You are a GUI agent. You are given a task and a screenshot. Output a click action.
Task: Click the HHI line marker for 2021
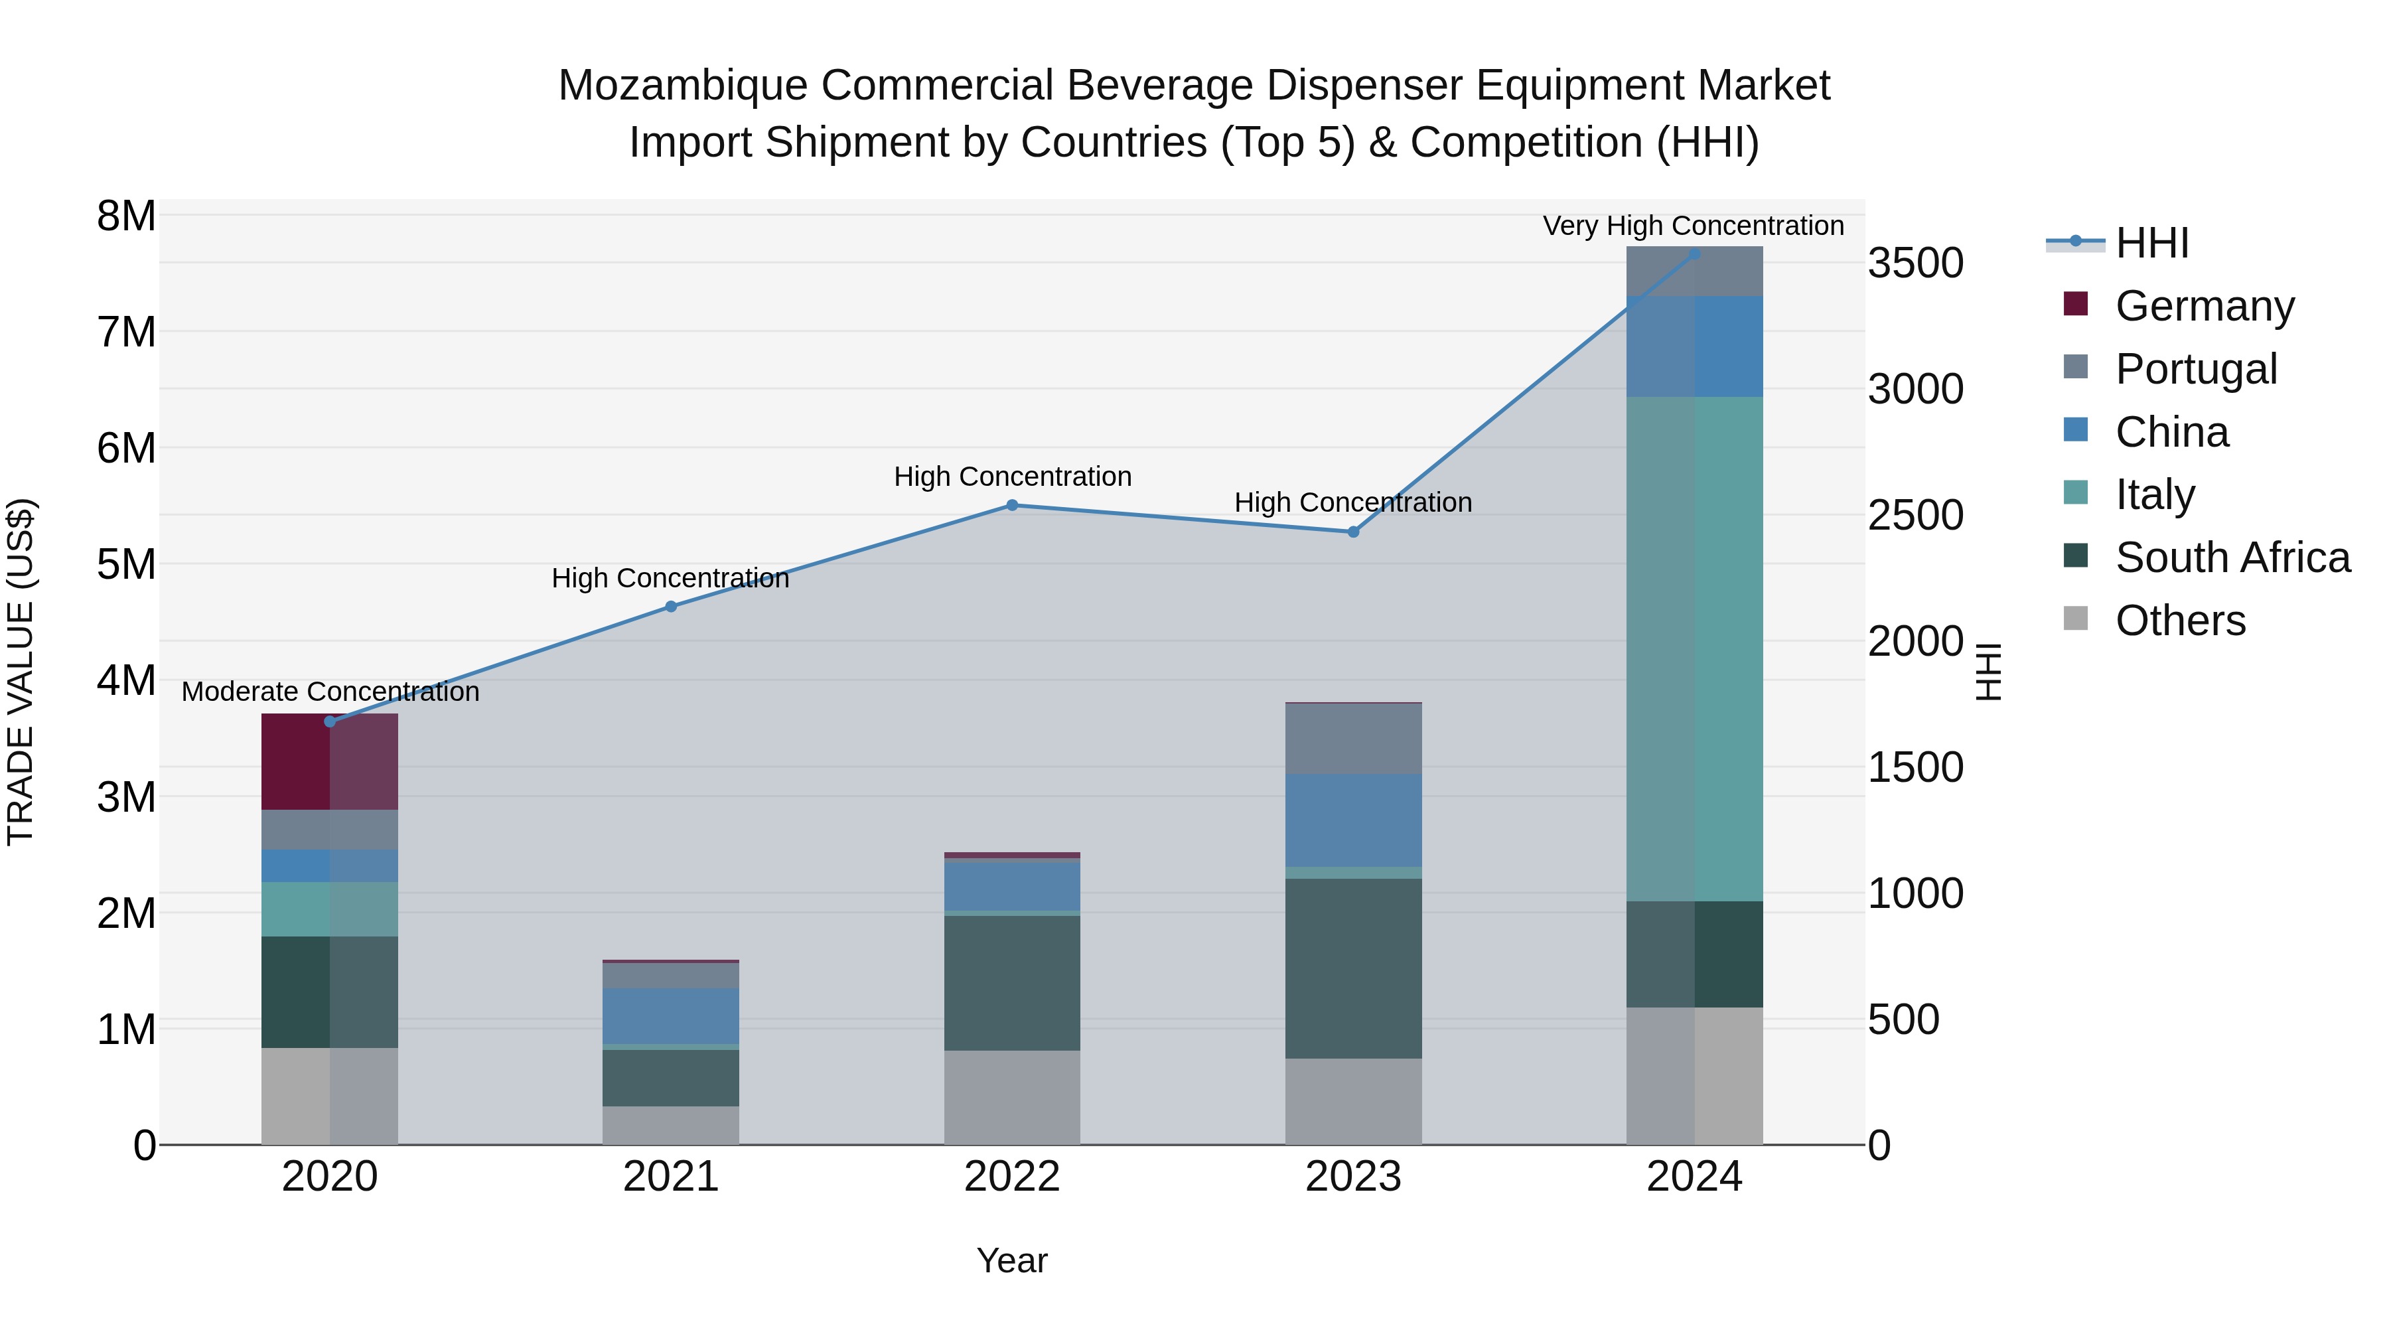pyautogui.click(x=670, y=607)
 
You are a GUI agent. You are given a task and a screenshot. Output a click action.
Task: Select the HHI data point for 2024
pyautogui.click(x=1694, y=254)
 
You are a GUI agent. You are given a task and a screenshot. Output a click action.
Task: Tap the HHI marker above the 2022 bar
pyautogui.click(x=1012, y=506)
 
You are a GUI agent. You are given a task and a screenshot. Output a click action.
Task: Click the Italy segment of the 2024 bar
pyautogui.click(x=1694, y=648)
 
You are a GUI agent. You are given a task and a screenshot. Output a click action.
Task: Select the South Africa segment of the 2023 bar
pyautogui.click(x=1353, y=968)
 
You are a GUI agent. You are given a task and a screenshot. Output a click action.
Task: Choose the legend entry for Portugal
pyautogui.click(x=2195, y=368)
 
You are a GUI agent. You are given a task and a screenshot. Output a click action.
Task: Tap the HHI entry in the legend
pyautogui.click(x=2151, y=243)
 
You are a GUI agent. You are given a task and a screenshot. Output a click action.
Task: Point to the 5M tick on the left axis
pyautogui.click(x=126, y=564)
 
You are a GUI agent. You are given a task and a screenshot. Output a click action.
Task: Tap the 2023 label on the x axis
pyautogui.click(x=1353, y=1176)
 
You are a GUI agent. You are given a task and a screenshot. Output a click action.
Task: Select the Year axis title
pyautogui.click(x=1012, y=1260)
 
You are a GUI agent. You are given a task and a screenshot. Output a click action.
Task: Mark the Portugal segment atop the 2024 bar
pyautogui.click(x=1694, y=271)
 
